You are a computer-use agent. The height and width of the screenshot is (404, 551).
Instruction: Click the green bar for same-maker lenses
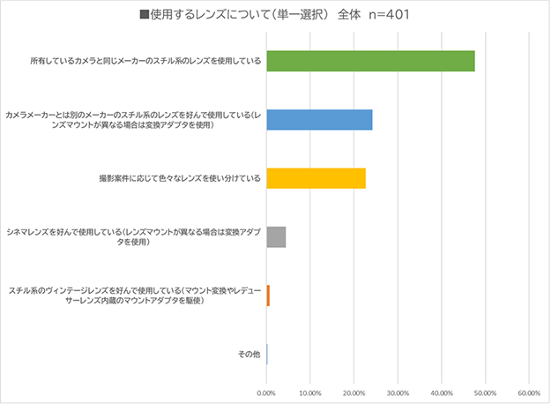point(370,61)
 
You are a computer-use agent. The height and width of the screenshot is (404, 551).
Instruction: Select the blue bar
point(319,119)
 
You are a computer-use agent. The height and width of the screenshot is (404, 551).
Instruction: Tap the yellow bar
point(316,178)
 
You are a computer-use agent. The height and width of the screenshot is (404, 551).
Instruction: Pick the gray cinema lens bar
point(276,236)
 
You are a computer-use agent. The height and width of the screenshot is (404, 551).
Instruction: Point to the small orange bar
point(268,295)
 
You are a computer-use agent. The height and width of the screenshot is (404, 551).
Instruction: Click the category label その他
point(249,354)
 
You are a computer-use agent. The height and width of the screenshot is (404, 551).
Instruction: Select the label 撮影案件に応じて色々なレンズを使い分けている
point(179,178)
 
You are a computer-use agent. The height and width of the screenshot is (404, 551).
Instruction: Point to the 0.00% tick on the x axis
point(266,393)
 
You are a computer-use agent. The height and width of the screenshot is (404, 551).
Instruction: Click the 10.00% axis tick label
point(309,393)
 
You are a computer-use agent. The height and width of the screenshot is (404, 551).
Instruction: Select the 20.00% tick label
point(354,393)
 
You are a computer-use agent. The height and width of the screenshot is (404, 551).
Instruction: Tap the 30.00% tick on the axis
point(397,393)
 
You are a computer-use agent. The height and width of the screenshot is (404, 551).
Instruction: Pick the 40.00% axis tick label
point(441,393)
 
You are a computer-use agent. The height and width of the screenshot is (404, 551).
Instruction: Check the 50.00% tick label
point(484,393)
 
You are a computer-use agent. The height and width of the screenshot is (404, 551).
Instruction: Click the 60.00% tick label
point(527,393)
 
